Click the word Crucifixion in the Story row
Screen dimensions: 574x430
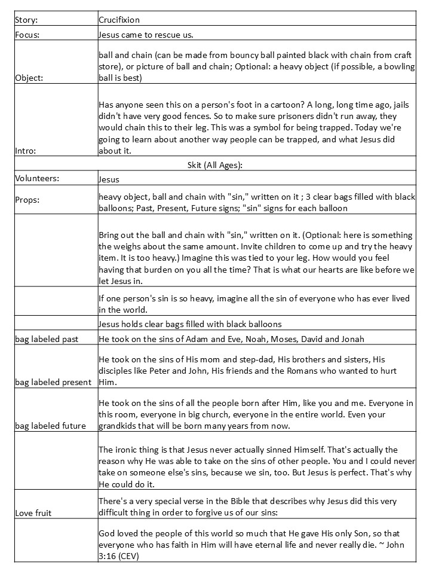click(119, 20)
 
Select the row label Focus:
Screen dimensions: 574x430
click(27, 35)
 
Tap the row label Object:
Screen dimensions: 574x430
click(29, 78)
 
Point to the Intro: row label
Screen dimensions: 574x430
click(26, 151)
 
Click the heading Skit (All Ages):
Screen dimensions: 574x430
click(215, 164)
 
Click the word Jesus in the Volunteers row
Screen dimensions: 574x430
click(109, 179)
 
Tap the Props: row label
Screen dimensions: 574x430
click(27, 200)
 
